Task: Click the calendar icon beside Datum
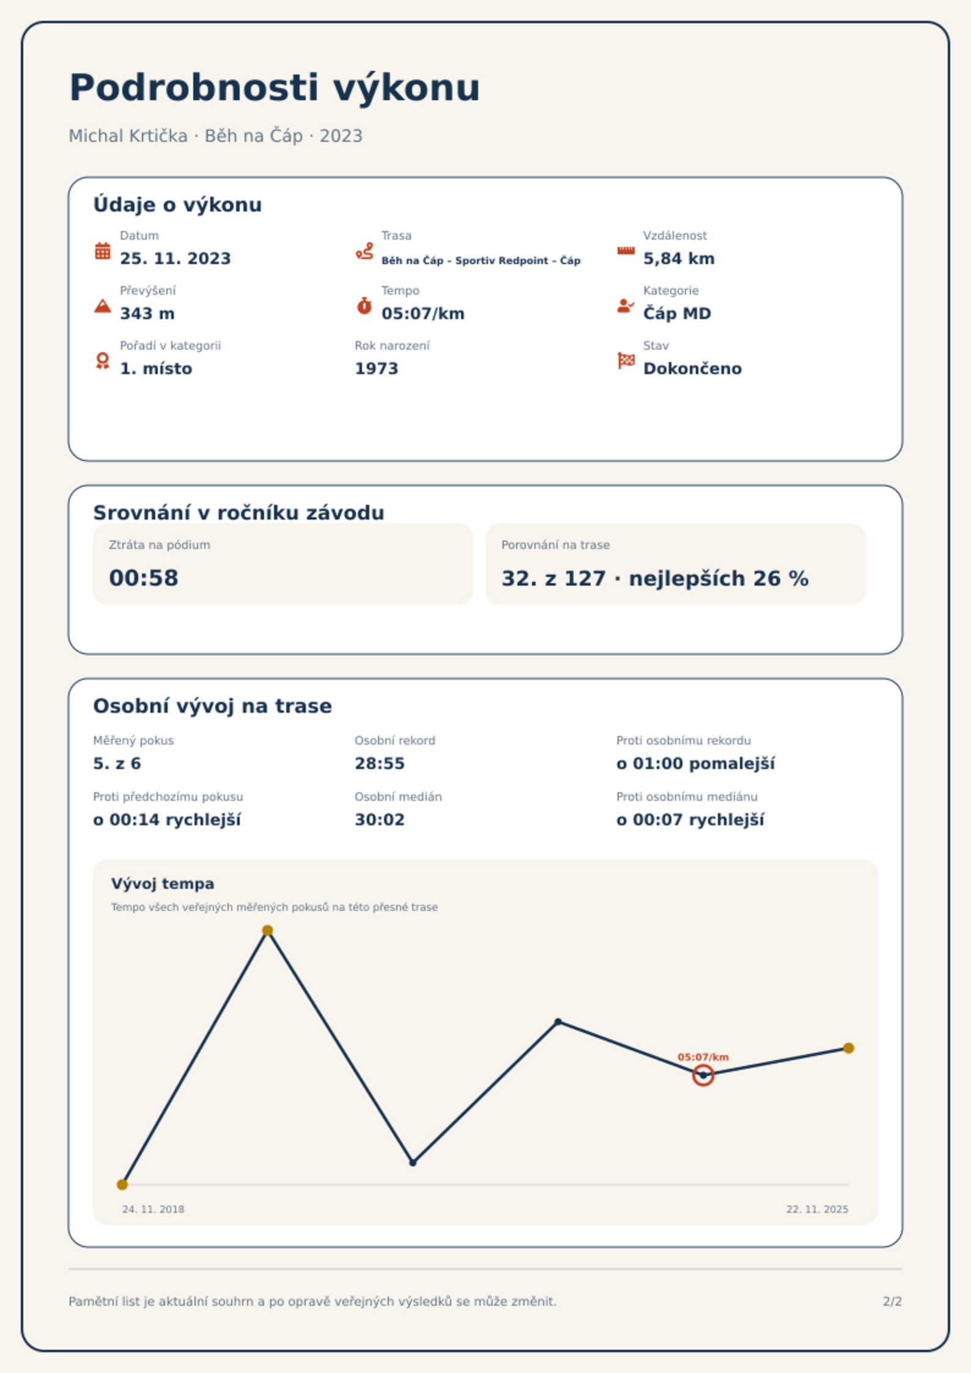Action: pyautogui.click(x=103, y=251)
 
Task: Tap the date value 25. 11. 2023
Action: pyautogui.click(x=175, y=259)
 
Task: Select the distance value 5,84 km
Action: pyautogui.click(x=679, y=259)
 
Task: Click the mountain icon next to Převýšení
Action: pyautogui.click(x=103, y=306)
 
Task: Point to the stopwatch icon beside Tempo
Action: pyautogui.click(x=364, y=306)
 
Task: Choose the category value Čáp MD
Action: pyautogui.click(x=677, y=313)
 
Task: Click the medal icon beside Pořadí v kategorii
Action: pyautogui.click(x=103, y=361)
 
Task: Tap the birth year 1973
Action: pyautogui.click(x=377, y=369)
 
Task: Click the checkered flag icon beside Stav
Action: pyautogui.click(x=626, y=361)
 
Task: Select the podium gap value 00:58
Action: pyautogui.click(x=144, y=578)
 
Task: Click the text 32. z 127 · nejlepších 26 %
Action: pyautogui.click(x=655, y=578)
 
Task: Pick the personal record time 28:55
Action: pyautogui.click(x=380, y=764)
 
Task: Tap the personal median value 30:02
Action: pyautogui.click(x=380, y=820)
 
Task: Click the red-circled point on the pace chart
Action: pyautogui.click(x=703, y=1075)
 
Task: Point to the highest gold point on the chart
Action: pyautogui.click(x=267, y=930)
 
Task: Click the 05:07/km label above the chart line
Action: pyautogui.click(x=703, y=1057)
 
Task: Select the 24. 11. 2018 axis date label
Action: pyautogui.click(x=153, y=1209)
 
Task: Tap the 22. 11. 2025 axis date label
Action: pyautogui.click(x=817, y=1209)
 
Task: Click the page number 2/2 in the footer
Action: pyautogui.click(x=892, y=1301)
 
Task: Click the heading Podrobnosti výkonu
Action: pyautogui.click(x=275, y=88)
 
